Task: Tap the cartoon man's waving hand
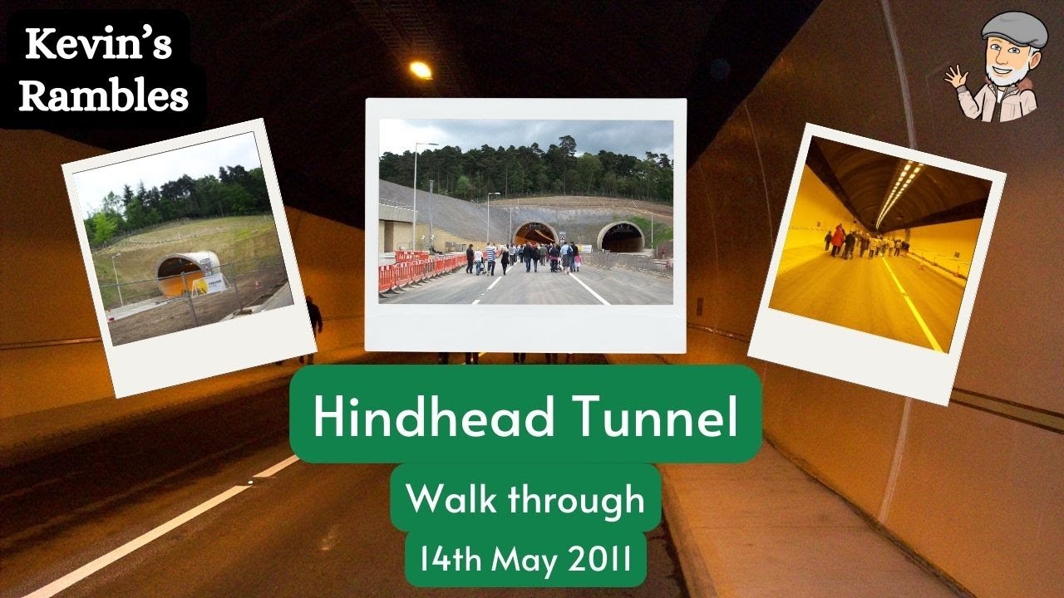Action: [x=956, y=78]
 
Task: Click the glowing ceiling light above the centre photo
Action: [x=421, y=70]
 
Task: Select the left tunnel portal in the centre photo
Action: [x=534, y=234]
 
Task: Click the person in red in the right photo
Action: [x=838, y=239]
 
